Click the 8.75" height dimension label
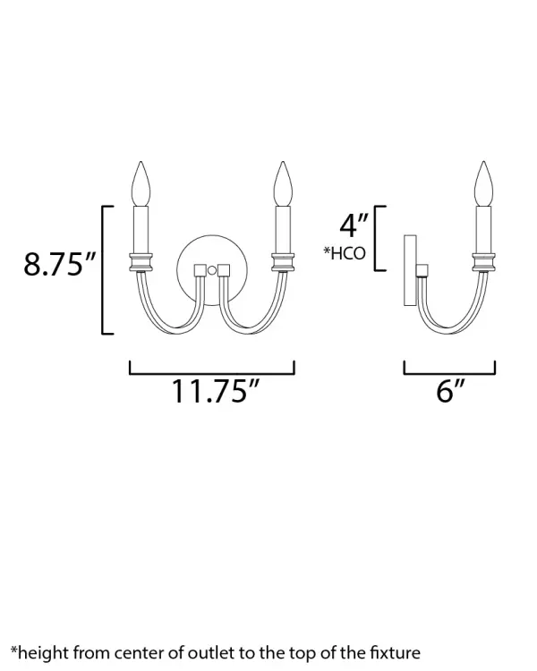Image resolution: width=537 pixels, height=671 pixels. click(x=59, y=264)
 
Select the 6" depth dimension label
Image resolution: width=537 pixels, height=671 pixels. click(x=450, y=391)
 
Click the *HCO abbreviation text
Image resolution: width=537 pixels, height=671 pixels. click(x=345, y=253)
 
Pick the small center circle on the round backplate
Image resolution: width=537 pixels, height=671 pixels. click(x=211, y=270)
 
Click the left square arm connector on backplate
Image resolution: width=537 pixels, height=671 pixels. click(x=200, y=270)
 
